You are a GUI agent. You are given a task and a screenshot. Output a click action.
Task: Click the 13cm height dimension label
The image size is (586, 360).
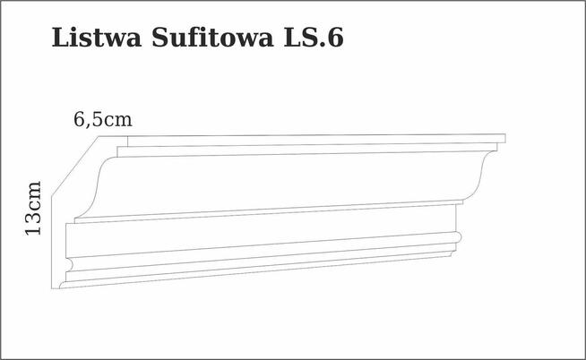33,208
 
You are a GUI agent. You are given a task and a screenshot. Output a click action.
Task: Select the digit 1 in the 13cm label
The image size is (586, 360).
33,229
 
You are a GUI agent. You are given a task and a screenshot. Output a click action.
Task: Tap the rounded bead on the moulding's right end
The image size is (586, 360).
457,238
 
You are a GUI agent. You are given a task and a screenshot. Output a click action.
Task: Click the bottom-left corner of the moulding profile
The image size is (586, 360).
56,288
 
